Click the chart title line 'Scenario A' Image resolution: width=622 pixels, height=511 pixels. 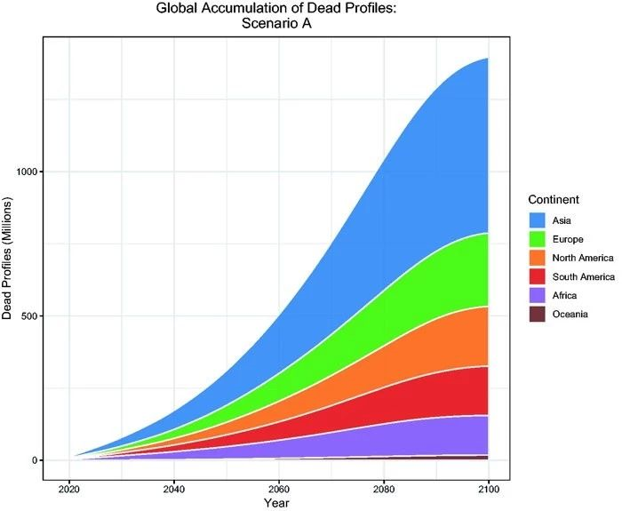pos(280,25)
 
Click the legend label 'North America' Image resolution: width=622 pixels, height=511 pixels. pos(582,258)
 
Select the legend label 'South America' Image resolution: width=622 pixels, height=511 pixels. pos(582,276)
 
